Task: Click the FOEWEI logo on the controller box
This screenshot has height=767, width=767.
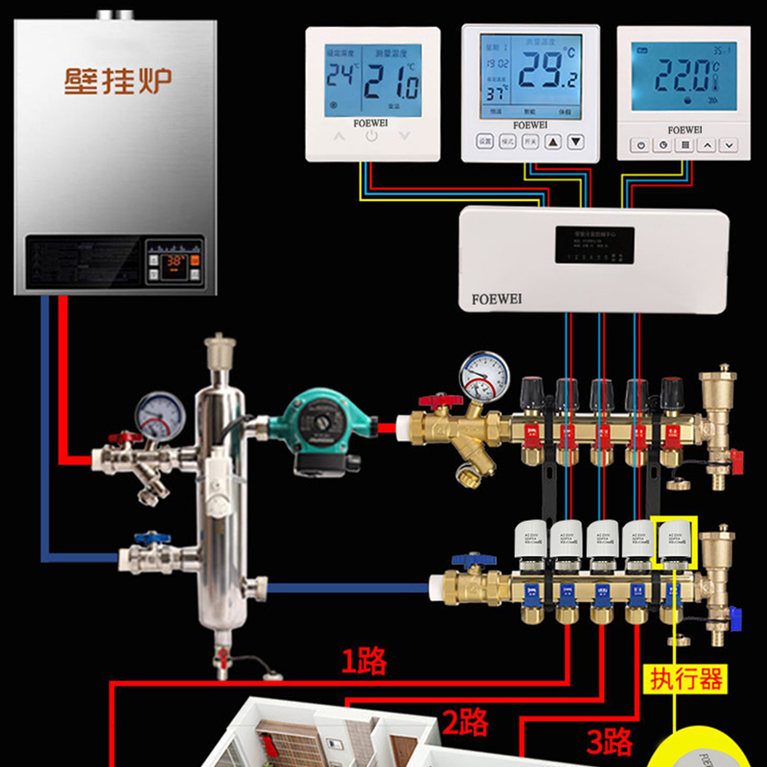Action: (x=497, y=298)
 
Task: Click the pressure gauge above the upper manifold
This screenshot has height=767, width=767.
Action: (x=484, y=374)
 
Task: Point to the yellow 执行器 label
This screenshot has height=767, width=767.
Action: (x=686, y=680)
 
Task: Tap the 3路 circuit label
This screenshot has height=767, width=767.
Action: (x=609, y=741)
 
